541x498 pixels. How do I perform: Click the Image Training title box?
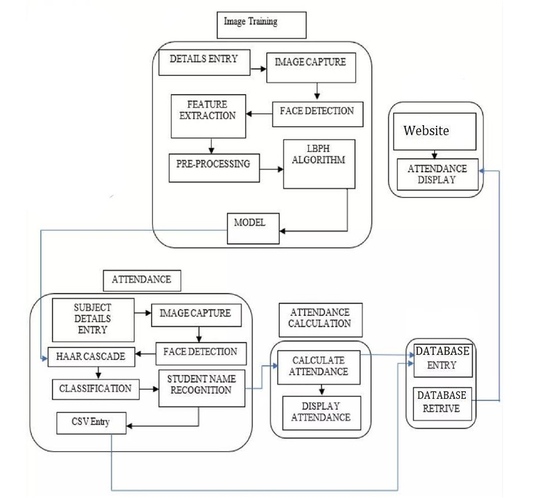point(260,25)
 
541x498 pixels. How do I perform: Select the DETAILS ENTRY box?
point(204,63)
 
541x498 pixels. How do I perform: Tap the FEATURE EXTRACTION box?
point(208,115)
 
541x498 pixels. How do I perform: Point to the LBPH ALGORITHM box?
point(319,164)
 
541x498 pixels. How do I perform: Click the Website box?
point(434,132)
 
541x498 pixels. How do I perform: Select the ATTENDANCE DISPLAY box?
point(438,175)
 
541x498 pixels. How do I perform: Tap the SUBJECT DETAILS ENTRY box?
point(93,320)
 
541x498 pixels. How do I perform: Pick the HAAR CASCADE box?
point(92,357)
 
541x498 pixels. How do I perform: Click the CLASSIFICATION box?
point(96,389)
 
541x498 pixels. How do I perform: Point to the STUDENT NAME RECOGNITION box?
point(201,389)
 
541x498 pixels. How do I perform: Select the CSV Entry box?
point(92,424)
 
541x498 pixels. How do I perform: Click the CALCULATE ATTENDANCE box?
point(319,368)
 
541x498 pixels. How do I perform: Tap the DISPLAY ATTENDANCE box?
point(321,412)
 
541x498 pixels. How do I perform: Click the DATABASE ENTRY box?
point(442,359)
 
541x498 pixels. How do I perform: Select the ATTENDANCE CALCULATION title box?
point(320,319)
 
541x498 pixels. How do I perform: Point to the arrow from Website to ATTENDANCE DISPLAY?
point(435,155)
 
